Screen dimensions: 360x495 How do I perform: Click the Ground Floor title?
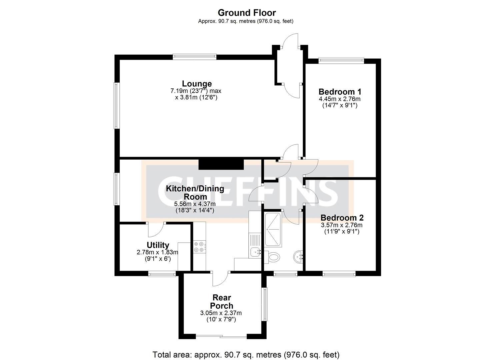pyautogui.click(x=247, y=13)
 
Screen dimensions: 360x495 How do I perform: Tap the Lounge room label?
pyautogui.click(x=197, y=84)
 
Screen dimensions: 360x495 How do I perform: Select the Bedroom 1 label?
pyautogui.click(x=340, y=92)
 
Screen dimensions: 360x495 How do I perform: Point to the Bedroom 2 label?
pyautogui.click(x=342, y=218)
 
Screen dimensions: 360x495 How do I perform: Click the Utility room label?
pyautogui.click(x=158, y=245)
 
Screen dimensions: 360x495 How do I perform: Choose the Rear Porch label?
pyautogui.click(x=222, y=301)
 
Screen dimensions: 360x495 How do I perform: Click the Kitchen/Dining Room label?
pyautogui.click(x=195, y=192)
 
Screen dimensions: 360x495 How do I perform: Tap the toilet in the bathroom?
pyautogui.click(x=273, y=257)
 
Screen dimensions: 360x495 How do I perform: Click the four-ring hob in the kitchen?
pyautogui.click(x=199, y=247)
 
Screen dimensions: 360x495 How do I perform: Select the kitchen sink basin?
pyautogui.click(x=255, y=253)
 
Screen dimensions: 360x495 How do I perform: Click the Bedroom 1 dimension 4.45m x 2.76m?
pyautogui.click(x=340, y=99)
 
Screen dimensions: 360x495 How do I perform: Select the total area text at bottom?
pyautogui.click(x=246, y=354)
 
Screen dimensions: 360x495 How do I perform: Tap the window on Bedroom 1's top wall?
pyautogui.click(x=341, y=60)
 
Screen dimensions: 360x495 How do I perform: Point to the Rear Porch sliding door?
pyautogui.click(x=221, y=337)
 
